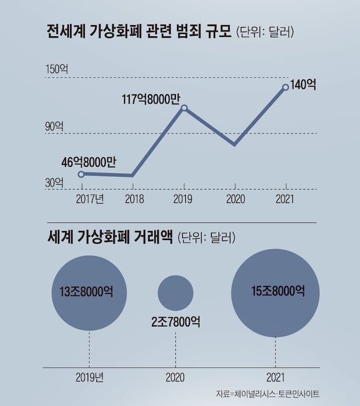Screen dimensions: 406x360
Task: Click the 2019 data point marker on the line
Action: click(x=184, y=108)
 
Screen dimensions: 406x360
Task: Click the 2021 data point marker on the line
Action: click(x=285, y=87)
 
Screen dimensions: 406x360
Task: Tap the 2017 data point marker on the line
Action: click(x=81, y=174)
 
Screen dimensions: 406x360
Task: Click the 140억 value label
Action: click(x=303, y=84)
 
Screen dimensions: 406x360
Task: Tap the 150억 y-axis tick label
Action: click(x=57, y=69)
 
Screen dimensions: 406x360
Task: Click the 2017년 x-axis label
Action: click(x=90, y=199)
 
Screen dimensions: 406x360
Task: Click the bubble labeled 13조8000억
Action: click(x=89, y=293)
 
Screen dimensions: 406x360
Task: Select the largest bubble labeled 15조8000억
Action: click(x=275, y=292)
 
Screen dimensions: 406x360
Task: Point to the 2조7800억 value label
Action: click(x=175, y=322)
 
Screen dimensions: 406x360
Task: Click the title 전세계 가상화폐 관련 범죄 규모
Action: click(x=138, y=32)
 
